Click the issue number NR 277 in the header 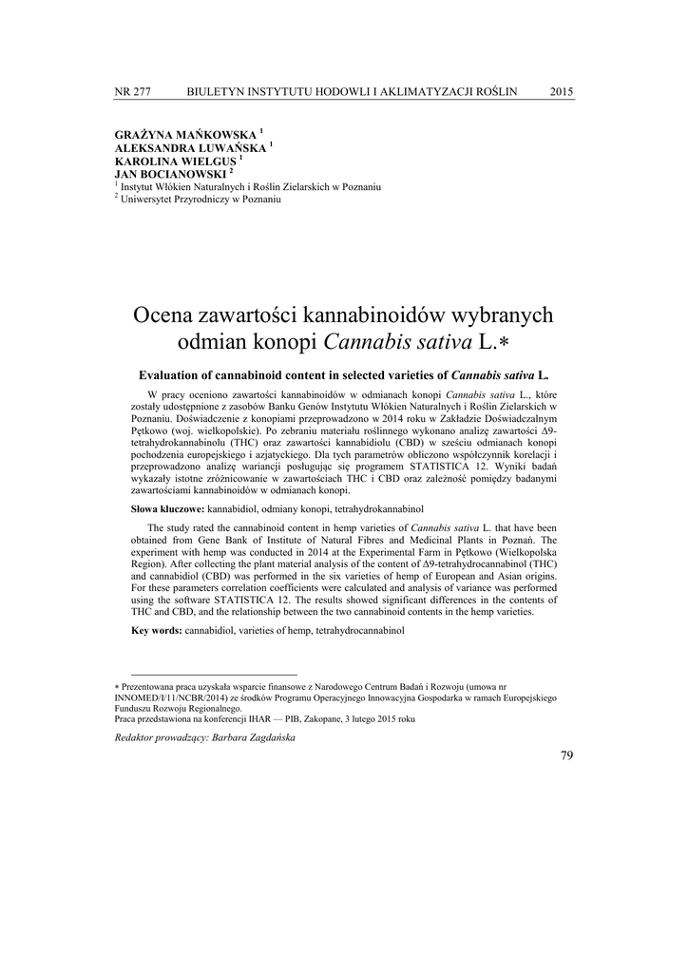[x=133, y=91]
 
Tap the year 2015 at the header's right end [x=562, y=91]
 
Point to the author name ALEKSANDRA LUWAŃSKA [x=190, y=149]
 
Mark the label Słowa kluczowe [x=167, y=510]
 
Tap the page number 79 [x=567, y=755]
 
